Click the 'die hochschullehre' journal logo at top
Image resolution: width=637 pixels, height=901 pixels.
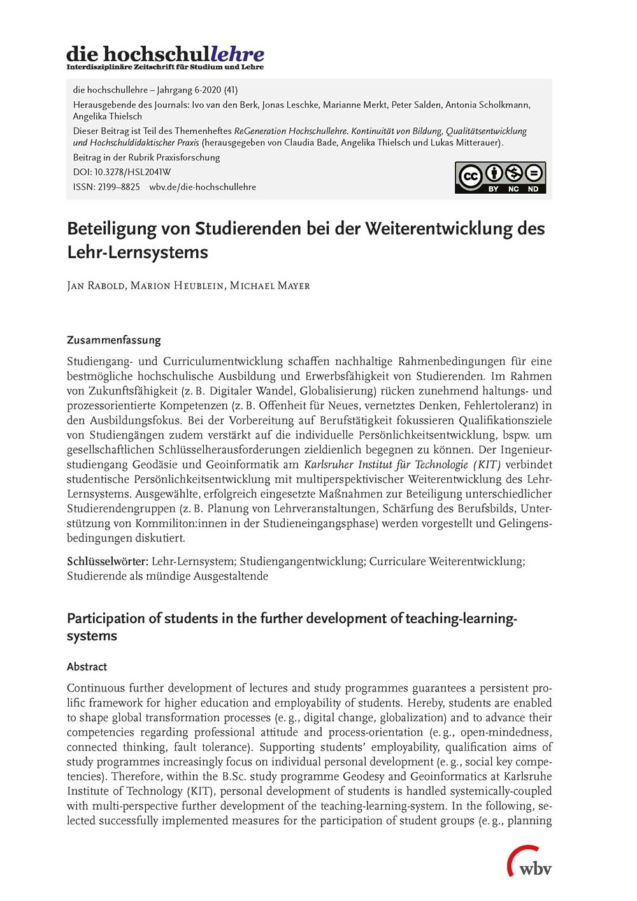click(165, 57)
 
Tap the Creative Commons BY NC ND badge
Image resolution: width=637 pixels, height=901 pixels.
click(500, 177)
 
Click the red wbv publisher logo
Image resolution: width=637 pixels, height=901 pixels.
click(529, 863)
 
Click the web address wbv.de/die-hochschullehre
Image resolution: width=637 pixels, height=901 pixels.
click(203, 187)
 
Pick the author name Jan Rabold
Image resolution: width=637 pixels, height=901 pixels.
click(96, 285)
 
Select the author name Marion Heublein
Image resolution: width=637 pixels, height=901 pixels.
click(177, 285)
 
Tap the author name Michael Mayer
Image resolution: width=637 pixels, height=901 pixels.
click(270, 285)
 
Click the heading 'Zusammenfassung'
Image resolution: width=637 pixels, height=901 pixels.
click(114, 340)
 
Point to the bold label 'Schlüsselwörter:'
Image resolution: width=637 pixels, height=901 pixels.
click(108, 561)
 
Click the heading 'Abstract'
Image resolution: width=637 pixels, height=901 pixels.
click(87, 667)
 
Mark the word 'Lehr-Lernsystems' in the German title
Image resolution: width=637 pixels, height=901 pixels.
click(138, 252)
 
